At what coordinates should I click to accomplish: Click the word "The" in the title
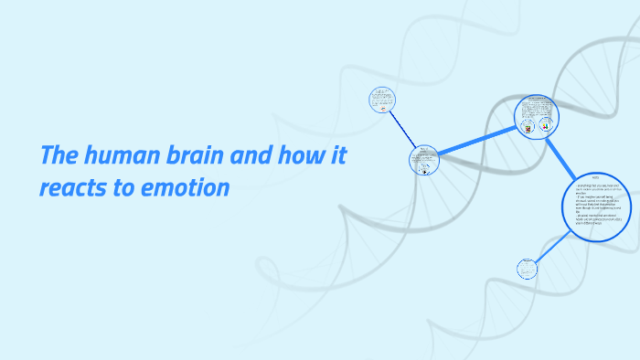[x=59, y=155]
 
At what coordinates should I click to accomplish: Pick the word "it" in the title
[x=338, y=155]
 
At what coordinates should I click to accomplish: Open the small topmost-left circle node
[x=381, y=99]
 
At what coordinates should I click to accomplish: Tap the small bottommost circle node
[x=527, y=269]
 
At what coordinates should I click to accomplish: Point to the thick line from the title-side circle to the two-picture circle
[x=478, y=139]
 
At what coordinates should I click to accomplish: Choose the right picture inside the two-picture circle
[x=546, y=126]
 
